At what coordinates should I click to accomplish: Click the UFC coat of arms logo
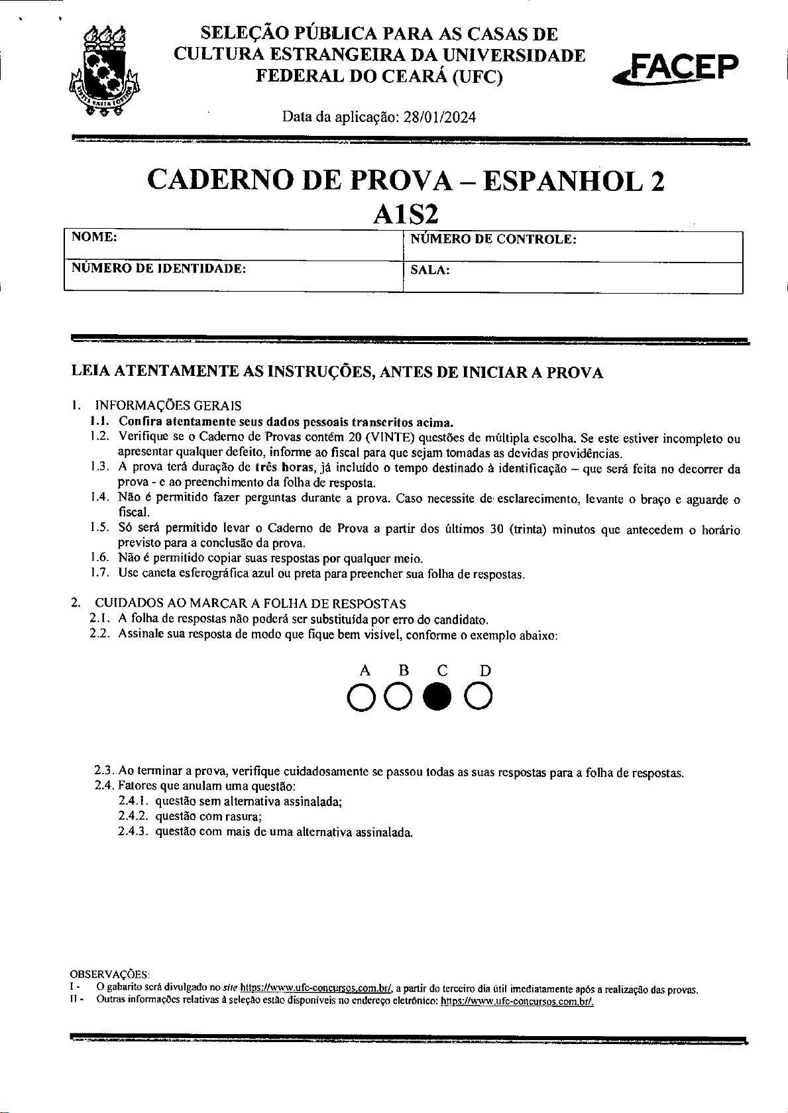pos(106,72)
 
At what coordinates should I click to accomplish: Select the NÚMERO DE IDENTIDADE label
pos(158,268)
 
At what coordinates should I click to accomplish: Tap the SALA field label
pos(430,270)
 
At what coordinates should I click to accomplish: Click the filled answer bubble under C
pos(438,697)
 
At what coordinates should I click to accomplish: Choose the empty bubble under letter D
pos(478,697)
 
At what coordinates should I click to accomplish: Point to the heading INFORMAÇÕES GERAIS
pos(168,405)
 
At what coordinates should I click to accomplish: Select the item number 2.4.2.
pos(133,816)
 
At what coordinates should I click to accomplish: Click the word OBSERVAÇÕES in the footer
pos(110,974)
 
